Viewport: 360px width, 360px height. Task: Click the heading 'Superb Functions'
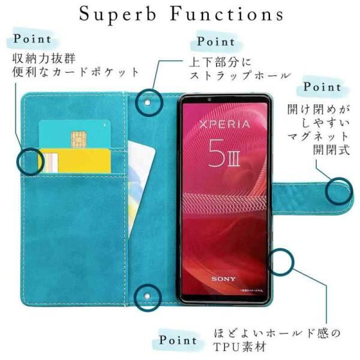coord(180,13)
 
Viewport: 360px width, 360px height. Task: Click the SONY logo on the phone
coord(223,278)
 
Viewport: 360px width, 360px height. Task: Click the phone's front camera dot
coord(209,99)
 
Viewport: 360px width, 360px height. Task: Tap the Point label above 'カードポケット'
coord(32,40)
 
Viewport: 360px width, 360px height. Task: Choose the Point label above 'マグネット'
coord(322,87)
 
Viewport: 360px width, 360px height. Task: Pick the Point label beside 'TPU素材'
coord(178,340)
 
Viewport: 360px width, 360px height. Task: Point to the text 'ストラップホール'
coord(240,76)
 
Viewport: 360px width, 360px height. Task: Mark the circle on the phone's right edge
coord(281,261)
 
